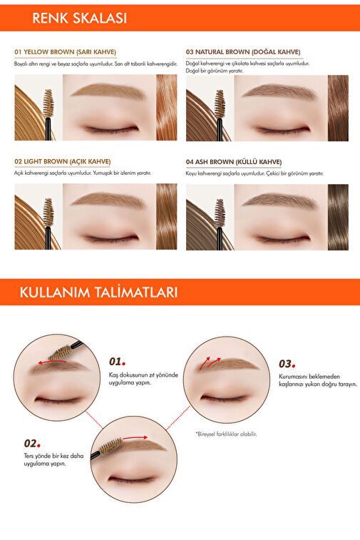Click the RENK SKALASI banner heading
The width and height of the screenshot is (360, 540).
point(80,18)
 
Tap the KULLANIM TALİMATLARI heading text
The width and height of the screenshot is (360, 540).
point(98,292)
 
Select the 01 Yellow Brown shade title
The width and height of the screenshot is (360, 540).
point(66,52)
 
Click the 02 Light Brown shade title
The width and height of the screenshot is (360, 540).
point(63,161)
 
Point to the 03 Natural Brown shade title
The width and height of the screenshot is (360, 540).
point(243,52)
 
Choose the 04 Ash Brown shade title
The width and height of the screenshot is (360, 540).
point(234,162)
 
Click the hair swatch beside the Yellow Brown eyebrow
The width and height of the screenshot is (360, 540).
point(167,108)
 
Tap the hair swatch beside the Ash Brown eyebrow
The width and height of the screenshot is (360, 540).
point(338,218)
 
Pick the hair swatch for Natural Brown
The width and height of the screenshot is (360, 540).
point(338,108)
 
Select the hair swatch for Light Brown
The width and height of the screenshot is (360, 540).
point(167,217)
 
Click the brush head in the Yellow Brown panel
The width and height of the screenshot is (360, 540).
point(48,103)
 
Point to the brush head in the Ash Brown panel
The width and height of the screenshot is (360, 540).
point(220,213)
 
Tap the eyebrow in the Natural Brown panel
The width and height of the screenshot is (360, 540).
point(279,91)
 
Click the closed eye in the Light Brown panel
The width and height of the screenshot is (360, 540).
point(111,239)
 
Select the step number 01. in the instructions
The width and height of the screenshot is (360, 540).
point(118,362)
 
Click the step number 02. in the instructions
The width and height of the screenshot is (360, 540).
point(32,443)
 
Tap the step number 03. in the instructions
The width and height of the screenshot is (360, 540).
point(287,364)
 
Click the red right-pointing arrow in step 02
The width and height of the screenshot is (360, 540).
point(135,438)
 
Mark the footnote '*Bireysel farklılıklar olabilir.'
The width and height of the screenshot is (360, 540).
point(227,434)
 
